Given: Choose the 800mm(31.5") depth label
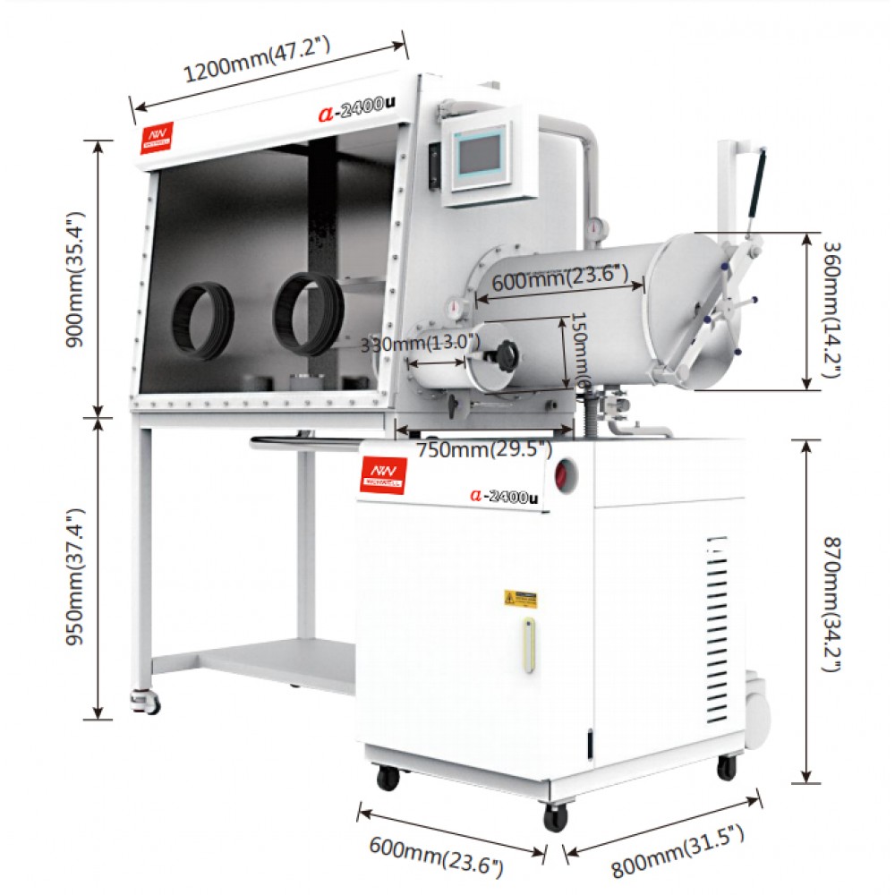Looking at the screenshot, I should point(678,853).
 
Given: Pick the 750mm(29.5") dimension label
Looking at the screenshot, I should point(485,449).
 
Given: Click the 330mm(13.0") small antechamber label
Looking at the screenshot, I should point(421,343).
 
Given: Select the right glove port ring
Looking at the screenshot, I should point(308,311).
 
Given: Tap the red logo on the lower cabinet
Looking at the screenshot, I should point(382,473).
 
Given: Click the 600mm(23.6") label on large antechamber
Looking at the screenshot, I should point(559,277).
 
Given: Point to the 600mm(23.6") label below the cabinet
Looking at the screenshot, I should point(436,854).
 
